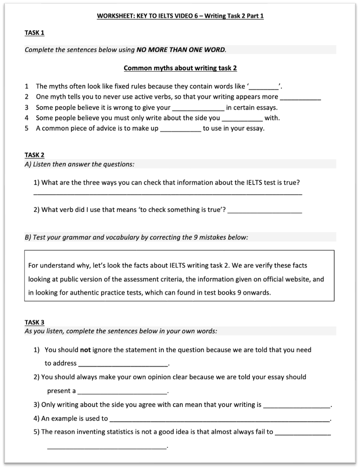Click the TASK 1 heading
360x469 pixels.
35,33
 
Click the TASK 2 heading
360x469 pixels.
35,155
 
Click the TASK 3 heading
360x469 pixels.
35,322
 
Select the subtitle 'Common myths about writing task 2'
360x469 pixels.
180,68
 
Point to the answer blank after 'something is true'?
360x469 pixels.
265,210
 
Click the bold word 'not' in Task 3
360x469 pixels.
85,350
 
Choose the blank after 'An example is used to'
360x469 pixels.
219,419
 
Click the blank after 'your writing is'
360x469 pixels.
296,405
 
